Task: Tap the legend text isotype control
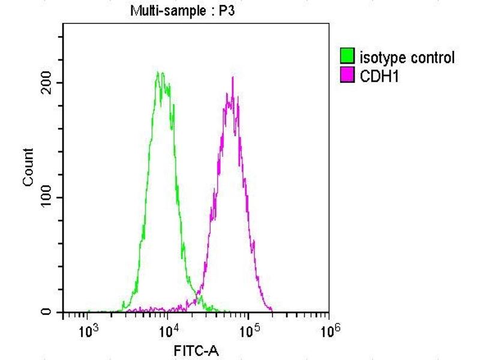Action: click(406, 58)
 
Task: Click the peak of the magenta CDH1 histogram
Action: click(232, 78)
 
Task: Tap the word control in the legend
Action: click(433, 58)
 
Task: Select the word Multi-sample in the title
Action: click(163, 10)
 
